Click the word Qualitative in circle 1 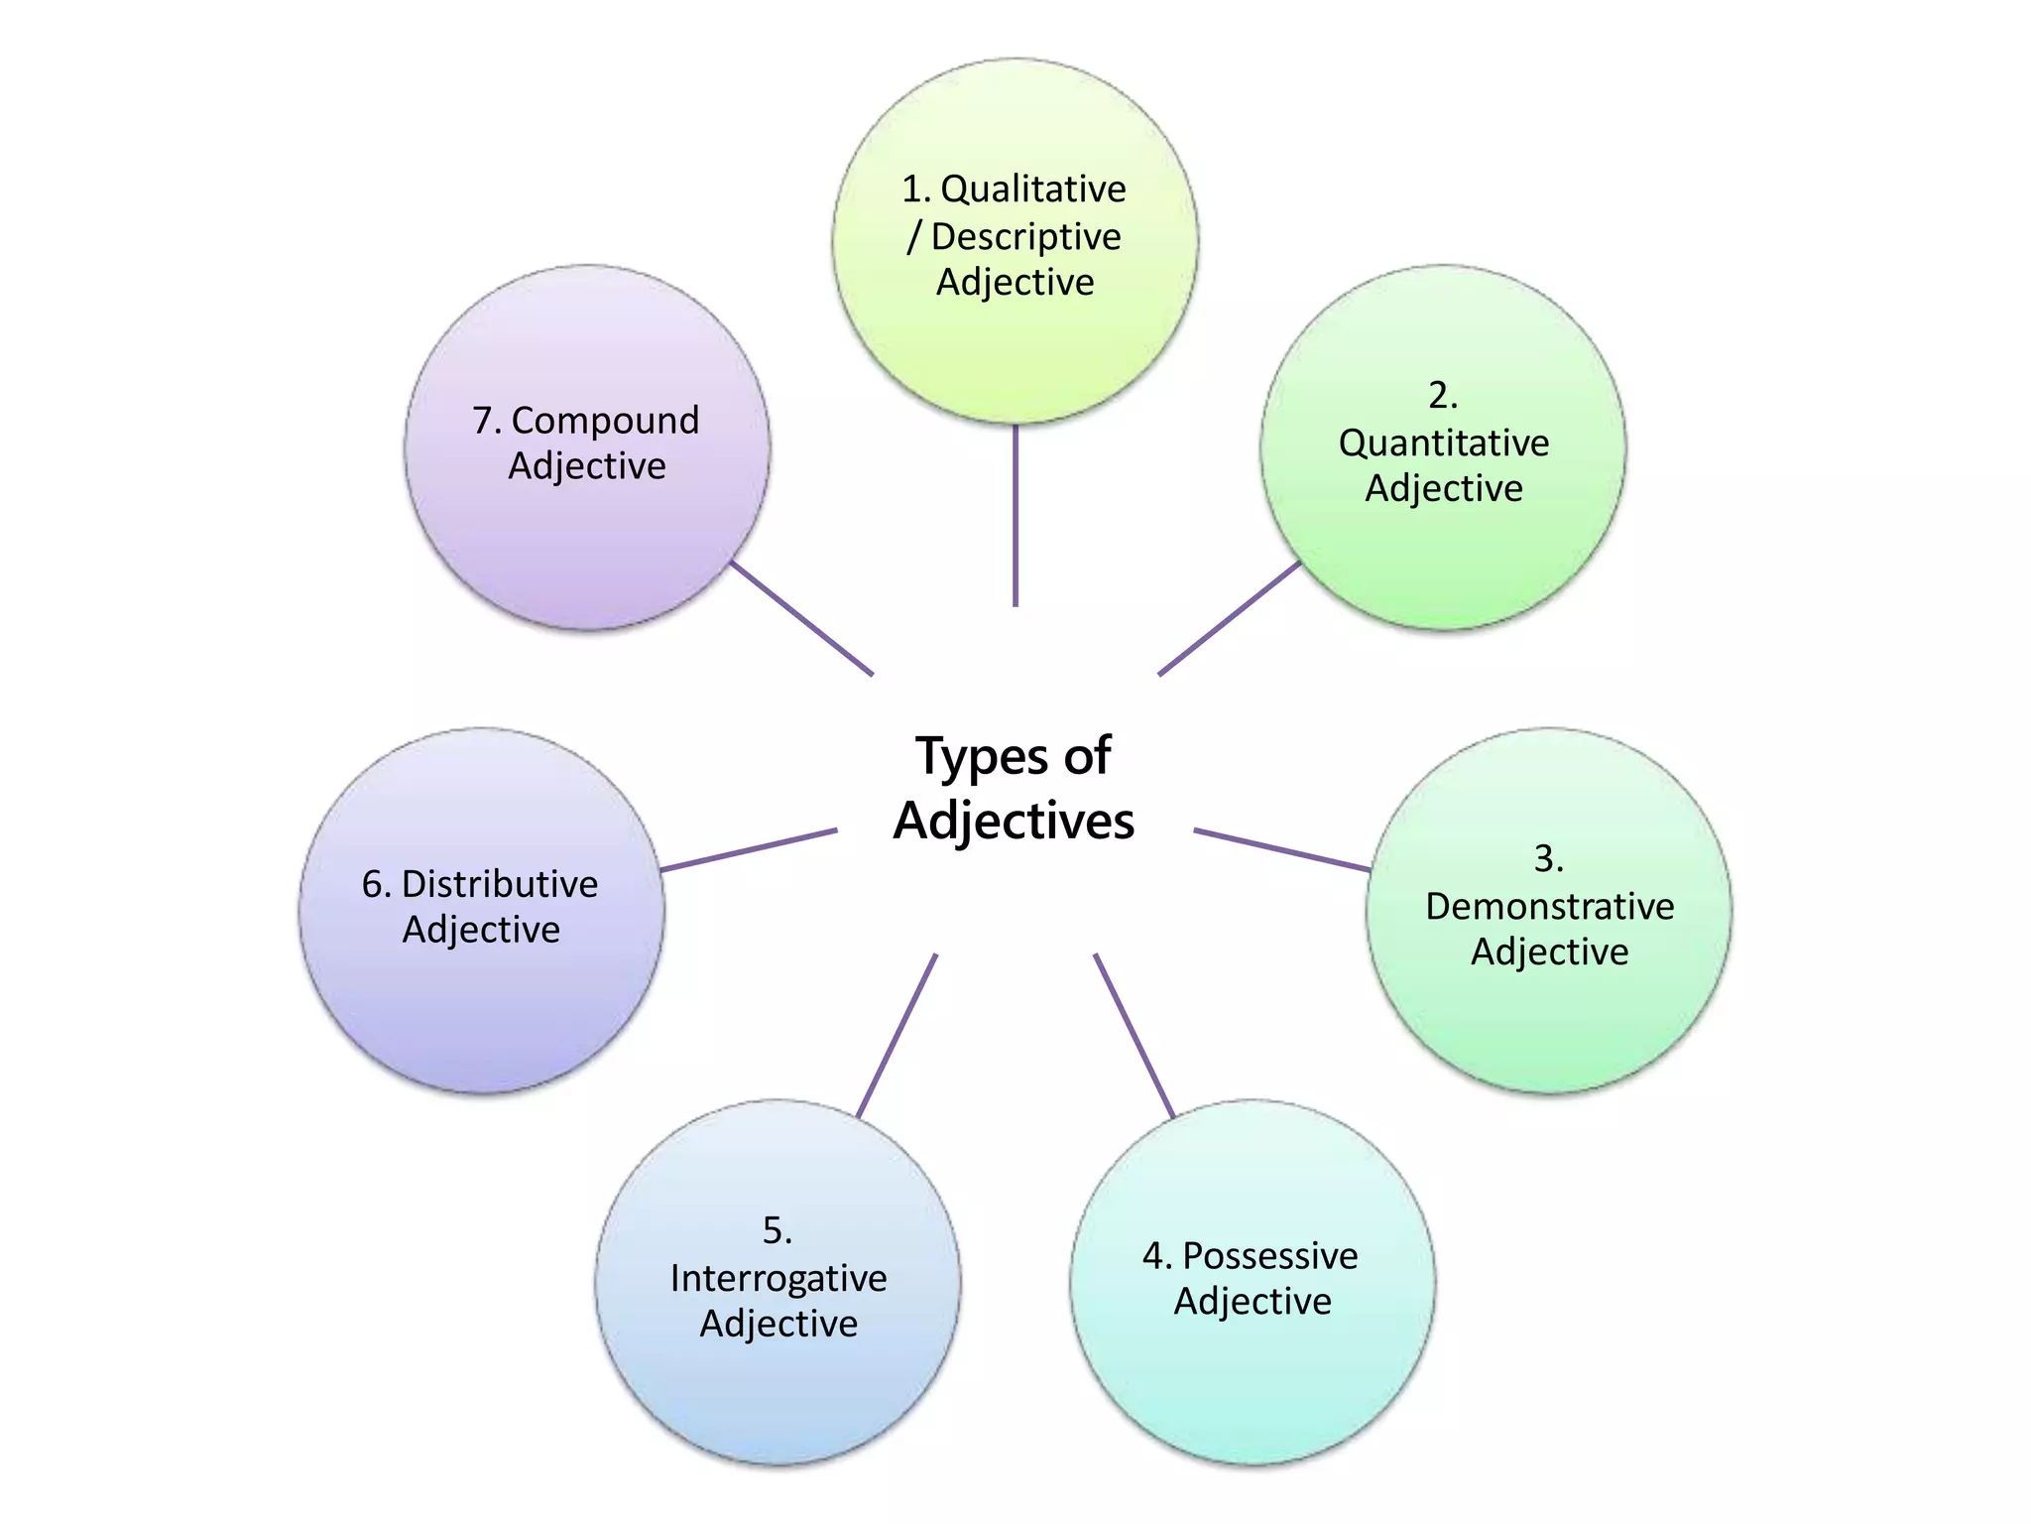pyautogui.click(x=1032, y=190)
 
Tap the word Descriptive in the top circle pyautogui.click(x=1025, y=237)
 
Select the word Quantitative pyautogui.click(x=1443, y=444)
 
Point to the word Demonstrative pyautogui.click(x=1549, y=906)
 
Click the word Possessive pyautogui.click(x=1269, y=1256)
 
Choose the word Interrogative pyautogui.click(x=778, y=1278)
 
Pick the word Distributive pyautogui.click(x=499, y=884)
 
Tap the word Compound pyautogui.click(x=605, y=421)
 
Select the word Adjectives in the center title pyautogui.click(x=1014, y=822)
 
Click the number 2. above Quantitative pyautogui.click(x=1443, y=396)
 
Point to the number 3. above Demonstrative pyautogui.click(x=1548, y=859)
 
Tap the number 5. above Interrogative pyautogui.click(x=777, y=1231)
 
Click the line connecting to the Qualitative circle pyautogui.click(x=1015, y=516)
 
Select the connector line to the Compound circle pyautogui.click(x=801, y=618)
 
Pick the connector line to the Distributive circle pyautogui.click(x=749, y=850)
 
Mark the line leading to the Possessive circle pyautogui.click(x=1135, y=1036)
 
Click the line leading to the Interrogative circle pyautogui.click(x=896, y=1036)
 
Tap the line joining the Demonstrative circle pyautogui.click(x=1282, y=850)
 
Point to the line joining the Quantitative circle pyautogui.click(x=1230, y=618)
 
